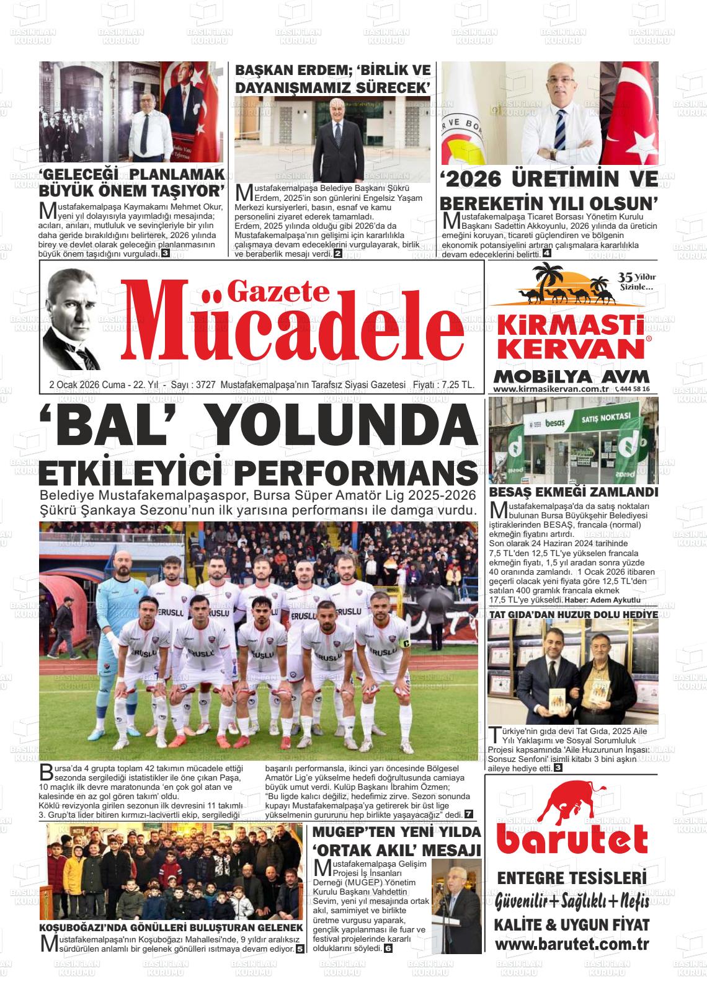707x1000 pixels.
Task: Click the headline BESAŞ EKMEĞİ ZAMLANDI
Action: click(573, 492)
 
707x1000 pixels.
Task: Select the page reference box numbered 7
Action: click(469, 814)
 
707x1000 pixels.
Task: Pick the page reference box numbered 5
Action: click(300, 949)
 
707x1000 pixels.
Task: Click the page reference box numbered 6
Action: click(388, 949)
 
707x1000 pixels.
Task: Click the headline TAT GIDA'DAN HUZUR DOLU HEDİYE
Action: click(573, 614)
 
